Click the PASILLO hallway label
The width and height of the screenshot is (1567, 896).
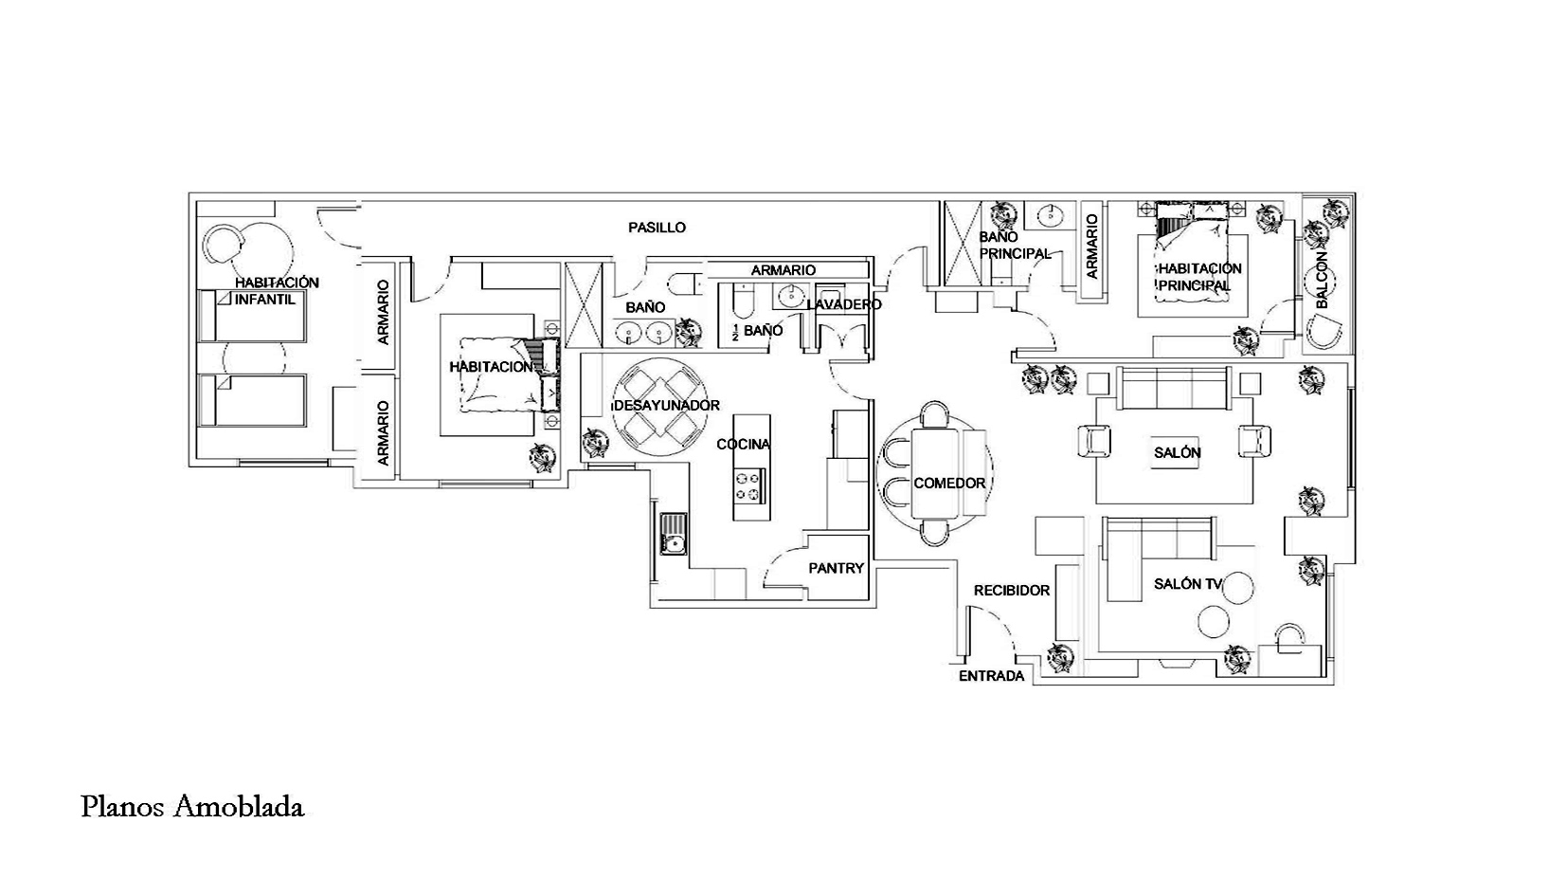657,228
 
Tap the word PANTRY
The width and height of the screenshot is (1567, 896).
837,568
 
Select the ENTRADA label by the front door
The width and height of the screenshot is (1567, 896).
991,676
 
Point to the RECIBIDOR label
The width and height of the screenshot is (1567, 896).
1012,591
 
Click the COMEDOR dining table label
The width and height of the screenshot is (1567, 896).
949,483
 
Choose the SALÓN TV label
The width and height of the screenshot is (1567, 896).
1188,584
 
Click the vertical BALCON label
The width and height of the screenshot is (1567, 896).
1322,280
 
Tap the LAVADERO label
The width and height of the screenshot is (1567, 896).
844,304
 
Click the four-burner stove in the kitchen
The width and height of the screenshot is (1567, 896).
747,486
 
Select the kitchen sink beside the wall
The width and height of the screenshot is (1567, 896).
674,534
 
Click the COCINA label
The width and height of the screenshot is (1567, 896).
743,444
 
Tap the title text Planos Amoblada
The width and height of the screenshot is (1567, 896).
192,807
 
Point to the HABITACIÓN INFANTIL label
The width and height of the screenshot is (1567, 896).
277,291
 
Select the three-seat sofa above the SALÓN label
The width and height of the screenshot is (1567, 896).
1174,389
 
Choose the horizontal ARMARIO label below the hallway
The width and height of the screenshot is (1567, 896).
783,270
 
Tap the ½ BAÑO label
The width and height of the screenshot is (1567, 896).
757,330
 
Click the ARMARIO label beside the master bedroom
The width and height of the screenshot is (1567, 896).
1092,247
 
